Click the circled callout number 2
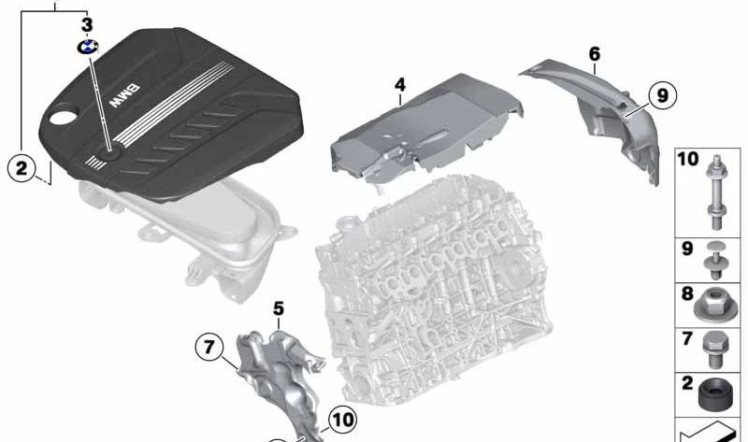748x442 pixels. [20, 170]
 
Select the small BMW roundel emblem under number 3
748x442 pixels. [88, 48]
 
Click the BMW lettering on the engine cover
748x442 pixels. [124, 96]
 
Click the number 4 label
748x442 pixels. [400, 85]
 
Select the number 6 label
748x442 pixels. [595, 54]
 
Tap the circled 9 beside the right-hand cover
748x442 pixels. [661, 94]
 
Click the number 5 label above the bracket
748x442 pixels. [279, 307]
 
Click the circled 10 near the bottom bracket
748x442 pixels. [343, 421]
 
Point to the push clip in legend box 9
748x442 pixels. [718, 260]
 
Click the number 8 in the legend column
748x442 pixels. [686, 293]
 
